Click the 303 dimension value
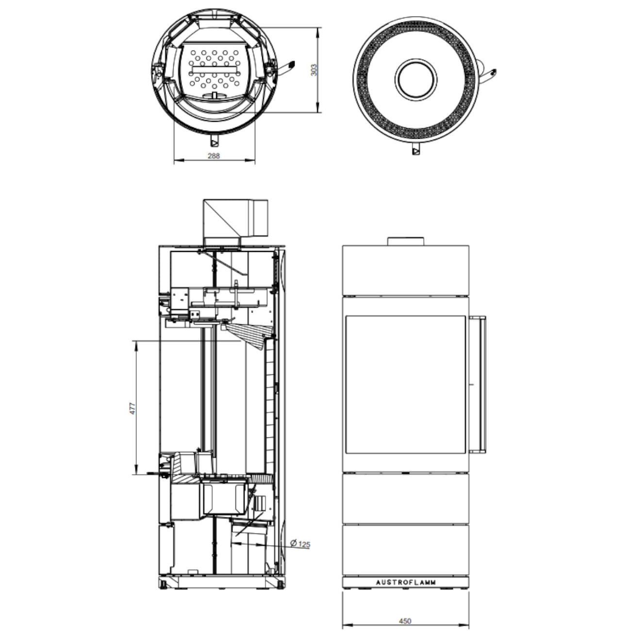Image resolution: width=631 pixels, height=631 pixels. [x=314, y=70]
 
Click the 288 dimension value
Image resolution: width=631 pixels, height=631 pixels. [x=214, y=156]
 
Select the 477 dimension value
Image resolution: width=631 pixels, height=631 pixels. [x=133, y=408]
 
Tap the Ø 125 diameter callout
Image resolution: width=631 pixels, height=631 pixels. [x=300, y=544]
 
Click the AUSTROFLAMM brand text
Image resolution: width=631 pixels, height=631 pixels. [x=406, y=582]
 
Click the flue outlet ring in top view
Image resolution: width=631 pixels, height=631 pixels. [x=416, y=80]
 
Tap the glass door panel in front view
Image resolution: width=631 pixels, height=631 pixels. [x=406, y=385]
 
